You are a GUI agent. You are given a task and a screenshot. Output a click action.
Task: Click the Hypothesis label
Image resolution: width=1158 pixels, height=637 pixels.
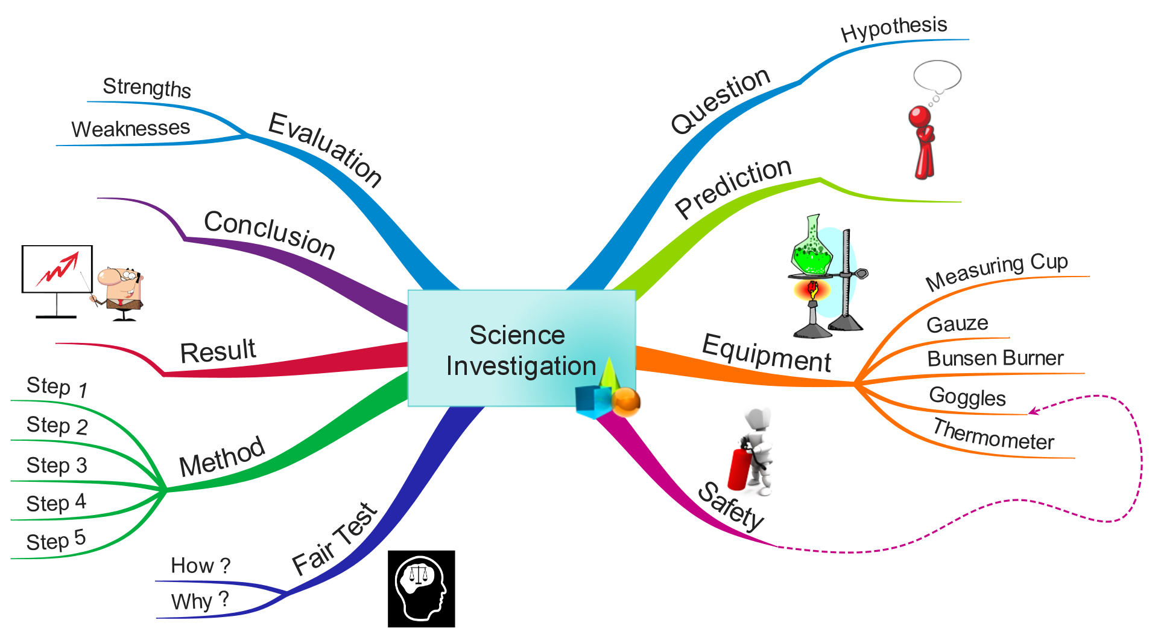tap(894, 28)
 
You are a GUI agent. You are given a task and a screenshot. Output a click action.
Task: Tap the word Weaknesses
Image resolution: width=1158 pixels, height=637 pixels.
tap(130, 128)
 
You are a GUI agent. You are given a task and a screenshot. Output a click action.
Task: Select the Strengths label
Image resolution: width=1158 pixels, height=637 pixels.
tap(147, 88)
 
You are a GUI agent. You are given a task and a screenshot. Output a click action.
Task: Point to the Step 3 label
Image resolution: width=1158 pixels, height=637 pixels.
tap(57, 466)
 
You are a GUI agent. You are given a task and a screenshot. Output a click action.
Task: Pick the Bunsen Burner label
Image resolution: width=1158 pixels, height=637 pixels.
tap(995, 358)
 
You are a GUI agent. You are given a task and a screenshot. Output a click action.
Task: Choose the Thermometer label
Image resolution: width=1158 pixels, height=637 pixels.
tap(993, 435)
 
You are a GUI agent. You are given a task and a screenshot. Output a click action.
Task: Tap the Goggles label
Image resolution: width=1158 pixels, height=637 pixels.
tap(967, 397)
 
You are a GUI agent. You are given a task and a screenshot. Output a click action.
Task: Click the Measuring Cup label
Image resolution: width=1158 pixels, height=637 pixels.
tap(996, 271)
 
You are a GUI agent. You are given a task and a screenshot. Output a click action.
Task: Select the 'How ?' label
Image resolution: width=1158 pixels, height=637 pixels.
tap(201, 565)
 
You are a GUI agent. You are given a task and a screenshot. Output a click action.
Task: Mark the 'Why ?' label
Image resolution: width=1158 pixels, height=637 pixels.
tap(200, 601)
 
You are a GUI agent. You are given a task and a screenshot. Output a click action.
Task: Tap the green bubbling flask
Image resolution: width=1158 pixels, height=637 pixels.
tap(812, 247)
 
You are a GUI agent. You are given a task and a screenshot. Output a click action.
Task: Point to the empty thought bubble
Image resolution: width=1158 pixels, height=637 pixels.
tap(937, 76)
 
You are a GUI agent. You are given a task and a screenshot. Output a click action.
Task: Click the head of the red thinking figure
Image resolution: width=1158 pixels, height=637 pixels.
tap(920, 117)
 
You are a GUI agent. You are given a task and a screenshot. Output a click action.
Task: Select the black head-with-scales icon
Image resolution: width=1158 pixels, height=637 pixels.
tap(422, 589)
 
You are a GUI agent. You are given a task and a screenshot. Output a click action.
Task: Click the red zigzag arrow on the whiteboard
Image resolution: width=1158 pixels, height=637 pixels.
tap(57, 269)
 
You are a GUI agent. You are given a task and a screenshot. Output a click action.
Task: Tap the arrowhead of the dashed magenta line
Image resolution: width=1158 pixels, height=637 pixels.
tap(1033, 412)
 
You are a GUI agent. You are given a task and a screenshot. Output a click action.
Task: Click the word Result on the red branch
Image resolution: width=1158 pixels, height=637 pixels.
tap(218, 351)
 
